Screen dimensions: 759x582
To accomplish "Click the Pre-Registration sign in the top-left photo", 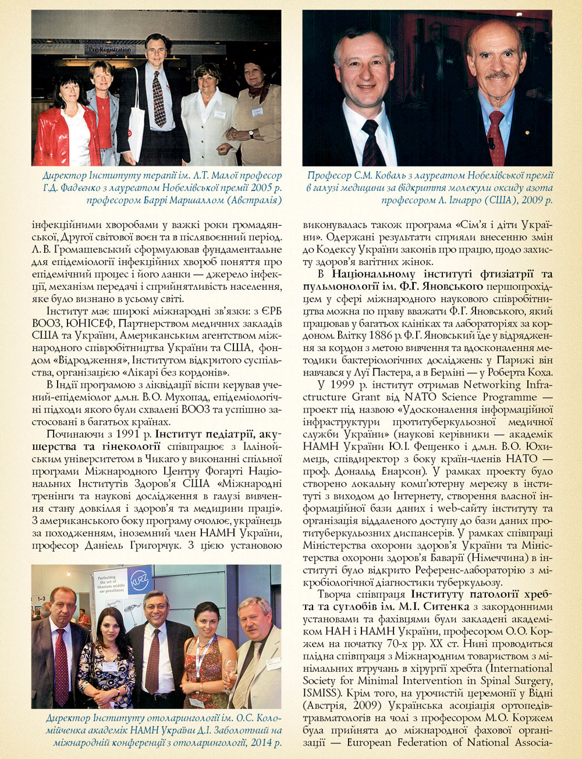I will point(110,50).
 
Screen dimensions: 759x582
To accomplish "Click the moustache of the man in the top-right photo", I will point(497,75).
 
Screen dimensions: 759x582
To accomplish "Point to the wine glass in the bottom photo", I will point(230,669).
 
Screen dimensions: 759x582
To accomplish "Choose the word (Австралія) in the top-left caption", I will point(254,200).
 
